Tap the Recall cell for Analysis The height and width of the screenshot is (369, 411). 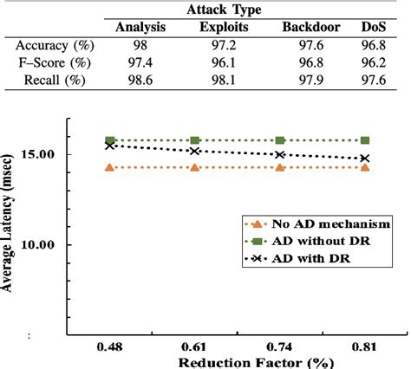coord(140,82)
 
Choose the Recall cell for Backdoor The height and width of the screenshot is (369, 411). coord(310,82)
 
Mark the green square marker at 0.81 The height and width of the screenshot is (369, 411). coord(364,140)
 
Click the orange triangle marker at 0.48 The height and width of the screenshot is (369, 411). coord(110,167)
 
